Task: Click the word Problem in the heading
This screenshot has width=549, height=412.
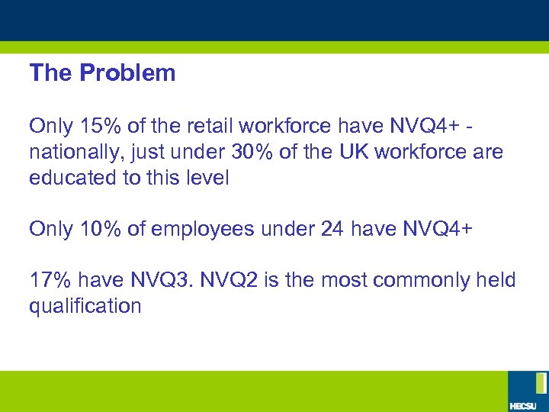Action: [127, 73]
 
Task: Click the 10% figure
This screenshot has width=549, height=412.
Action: [93, 229]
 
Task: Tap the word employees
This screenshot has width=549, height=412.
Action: [203, 229]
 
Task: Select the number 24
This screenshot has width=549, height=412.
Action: [333, 229]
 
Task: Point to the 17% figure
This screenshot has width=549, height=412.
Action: [46, 280]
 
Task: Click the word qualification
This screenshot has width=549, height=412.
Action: [85, 306]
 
